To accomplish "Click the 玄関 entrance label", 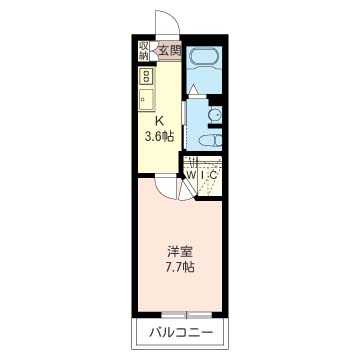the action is pyautogui.click(x=169, y=51).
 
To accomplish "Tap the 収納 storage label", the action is pyautogui.click(x=143, y=51).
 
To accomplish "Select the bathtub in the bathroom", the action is pyautogui.click(x=203, y=56).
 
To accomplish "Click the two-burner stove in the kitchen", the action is pyautogui.click(x=146, y=76).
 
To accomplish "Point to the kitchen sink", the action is pyautogui.click(x=146, y=99).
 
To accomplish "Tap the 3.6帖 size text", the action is pyautogui.click(x=159, y=136).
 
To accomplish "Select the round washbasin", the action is pyautogui.click(x=214, y=115).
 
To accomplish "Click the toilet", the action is pyautogui.click(x=212, y=141).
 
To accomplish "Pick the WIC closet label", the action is pyautogui.click(x=202, y=174).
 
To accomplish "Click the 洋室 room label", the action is pyautogui.click(x=180, y=252).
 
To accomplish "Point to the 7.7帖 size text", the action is pyautogui.click(x=180, y=267).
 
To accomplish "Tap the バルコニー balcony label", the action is pyautogui.click(x=180, y=332).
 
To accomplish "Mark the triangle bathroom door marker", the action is pyautogui.click(x=193, y=89).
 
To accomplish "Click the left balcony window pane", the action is pyautogui.click(x=173, y=314).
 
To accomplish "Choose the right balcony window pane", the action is pyautogui.click(x=200, y=315).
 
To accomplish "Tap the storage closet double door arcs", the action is pyautogui.click(x=153, y=51).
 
